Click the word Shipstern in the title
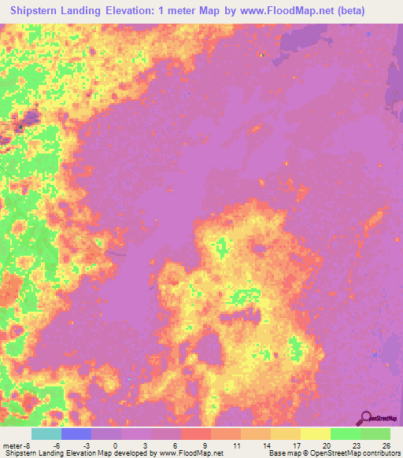tap(39, 11)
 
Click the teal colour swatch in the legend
tap(46, 434)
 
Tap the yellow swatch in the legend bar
tap(315, 434)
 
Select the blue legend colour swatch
tap(76, 434)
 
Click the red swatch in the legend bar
tap(195, 434)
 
